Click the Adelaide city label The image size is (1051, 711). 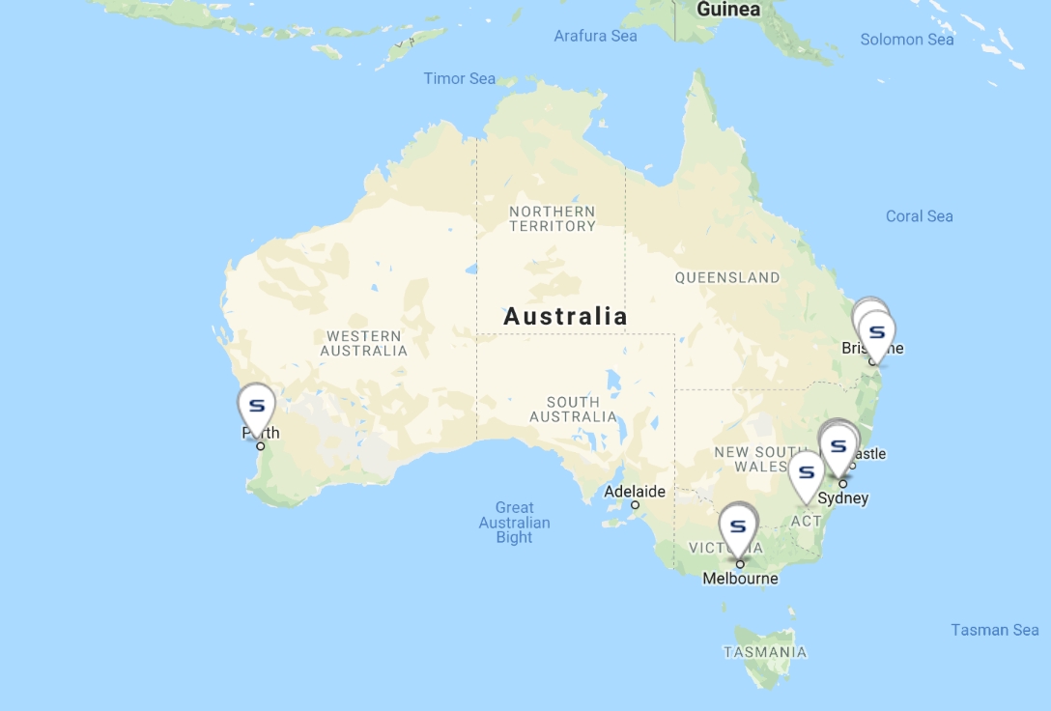(x=635, y=491)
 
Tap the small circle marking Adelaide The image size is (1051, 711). (x=635, y=504)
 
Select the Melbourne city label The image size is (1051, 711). (x=740, y=579)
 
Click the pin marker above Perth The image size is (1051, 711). (x=257, y=407)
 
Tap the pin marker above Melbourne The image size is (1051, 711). (x=739, y=526)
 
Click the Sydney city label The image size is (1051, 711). (x=842, y=498)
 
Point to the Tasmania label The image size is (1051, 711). (x=765, y=652)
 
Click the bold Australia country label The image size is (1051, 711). (x=566, y=316)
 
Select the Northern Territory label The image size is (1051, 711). (x=553, y=218)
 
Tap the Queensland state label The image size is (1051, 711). (x=727, y=277)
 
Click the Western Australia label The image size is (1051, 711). (x=364, y=343)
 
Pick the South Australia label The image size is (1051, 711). (x=573, y=409)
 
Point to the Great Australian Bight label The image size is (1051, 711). (x=515, y=522)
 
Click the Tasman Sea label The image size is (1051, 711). (x=995, y=630)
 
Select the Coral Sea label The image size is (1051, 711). (x=920, y=216)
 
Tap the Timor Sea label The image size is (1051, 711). (x=460, y=78)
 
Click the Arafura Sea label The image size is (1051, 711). (x=595, y=36)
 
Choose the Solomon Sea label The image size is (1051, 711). (x=907, y=40)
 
